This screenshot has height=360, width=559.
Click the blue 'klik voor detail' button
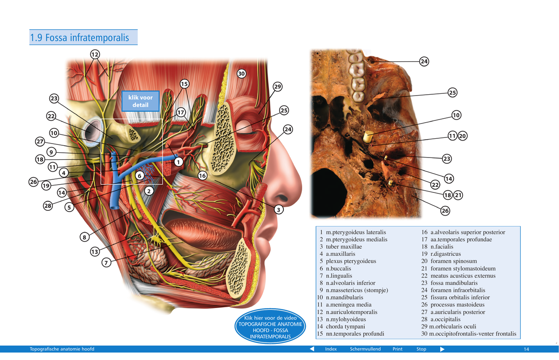[141, 101]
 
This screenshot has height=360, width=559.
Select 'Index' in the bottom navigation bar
[331, 349]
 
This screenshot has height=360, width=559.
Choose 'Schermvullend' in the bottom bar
[365, 349]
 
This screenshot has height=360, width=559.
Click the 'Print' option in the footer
[397, 349]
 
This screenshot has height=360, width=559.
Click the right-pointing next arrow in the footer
[442, 349]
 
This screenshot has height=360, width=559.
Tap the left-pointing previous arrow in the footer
[312, 349]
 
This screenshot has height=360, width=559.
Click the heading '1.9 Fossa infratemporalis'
[79, 38]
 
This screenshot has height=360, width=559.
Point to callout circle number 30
[241, 74]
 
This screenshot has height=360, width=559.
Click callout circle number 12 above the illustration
[95, 55]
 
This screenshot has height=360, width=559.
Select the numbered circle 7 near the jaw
[106, 263]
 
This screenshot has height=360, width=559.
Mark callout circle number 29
[278, 87]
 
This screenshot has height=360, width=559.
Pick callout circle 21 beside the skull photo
[459, 195]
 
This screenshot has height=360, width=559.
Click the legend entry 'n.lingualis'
[339, 276]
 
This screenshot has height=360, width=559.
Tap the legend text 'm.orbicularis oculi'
[452, 327]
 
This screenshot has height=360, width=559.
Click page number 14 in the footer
[526, 349]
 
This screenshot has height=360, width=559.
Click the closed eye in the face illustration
[247, 129]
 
